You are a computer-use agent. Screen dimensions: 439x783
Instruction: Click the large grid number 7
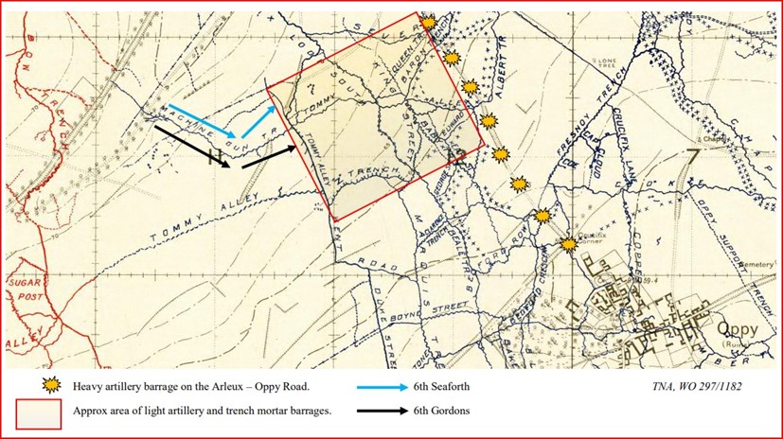click(x=694, y=157)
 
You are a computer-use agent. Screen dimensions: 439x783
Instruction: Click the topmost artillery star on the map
click(x=428, y=21)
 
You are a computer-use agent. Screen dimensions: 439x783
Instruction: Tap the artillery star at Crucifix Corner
click(x=567, y=244)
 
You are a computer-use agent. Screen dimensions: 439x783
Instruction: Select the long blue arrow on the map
click(x=201, y=120)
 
